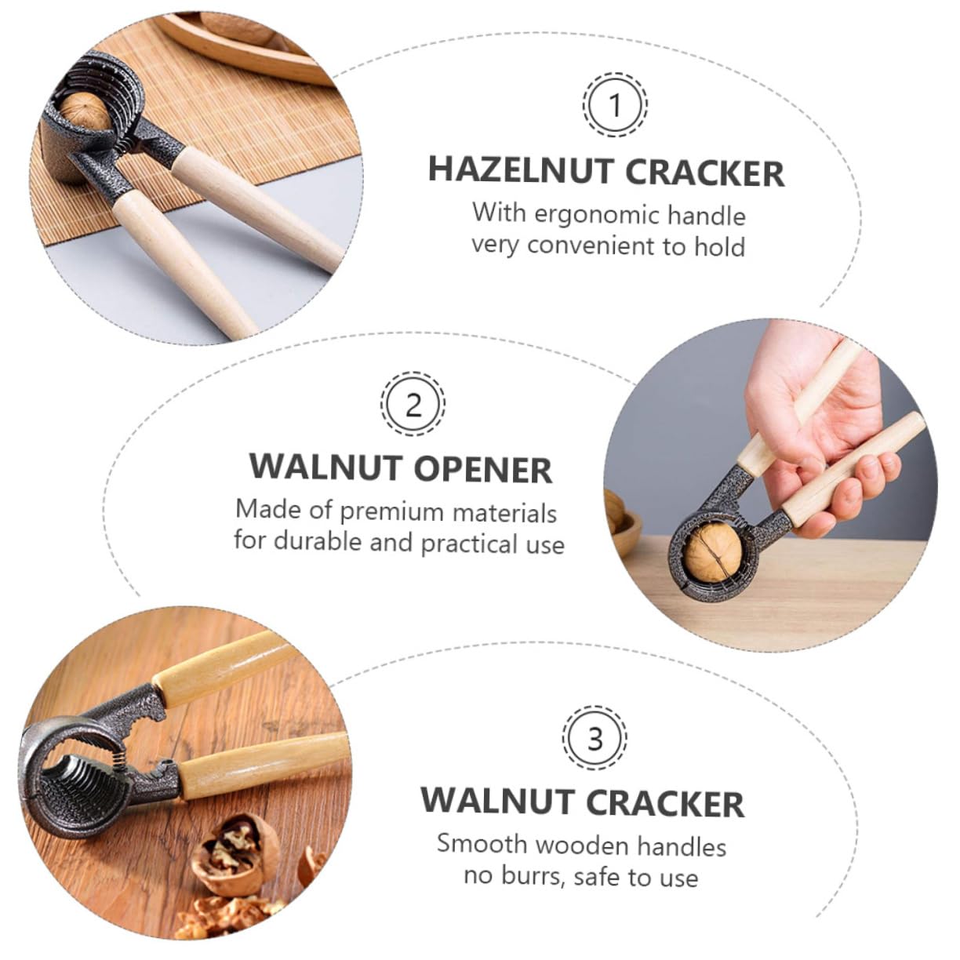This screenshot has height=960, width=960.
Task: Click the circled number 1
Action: (615, 104)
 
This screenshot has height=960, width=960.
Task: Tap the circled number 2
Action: (413, 405)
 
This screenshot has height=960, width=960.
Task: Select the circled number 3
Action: (595, 738)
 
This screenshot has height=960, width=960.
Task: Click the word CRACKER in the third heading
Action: (665, 803)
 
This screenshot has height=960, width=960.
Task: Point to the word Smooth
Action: (482, 844)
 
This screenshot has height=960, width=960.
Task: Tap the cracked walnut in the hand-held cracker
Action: (711, 552)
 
